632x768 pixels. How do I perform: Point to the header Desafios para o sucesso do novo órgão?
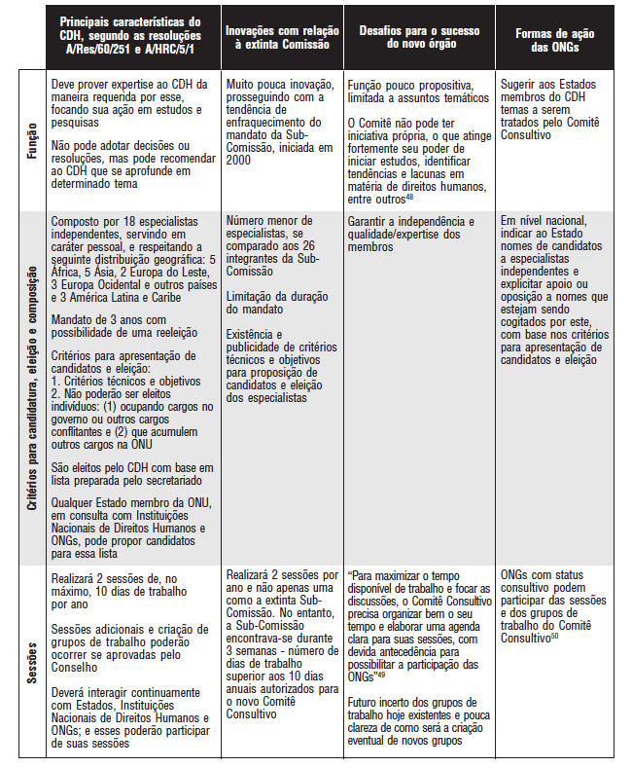point(420,41)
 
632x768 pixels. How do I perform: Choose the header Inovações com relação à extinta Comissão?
point(282,41)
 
